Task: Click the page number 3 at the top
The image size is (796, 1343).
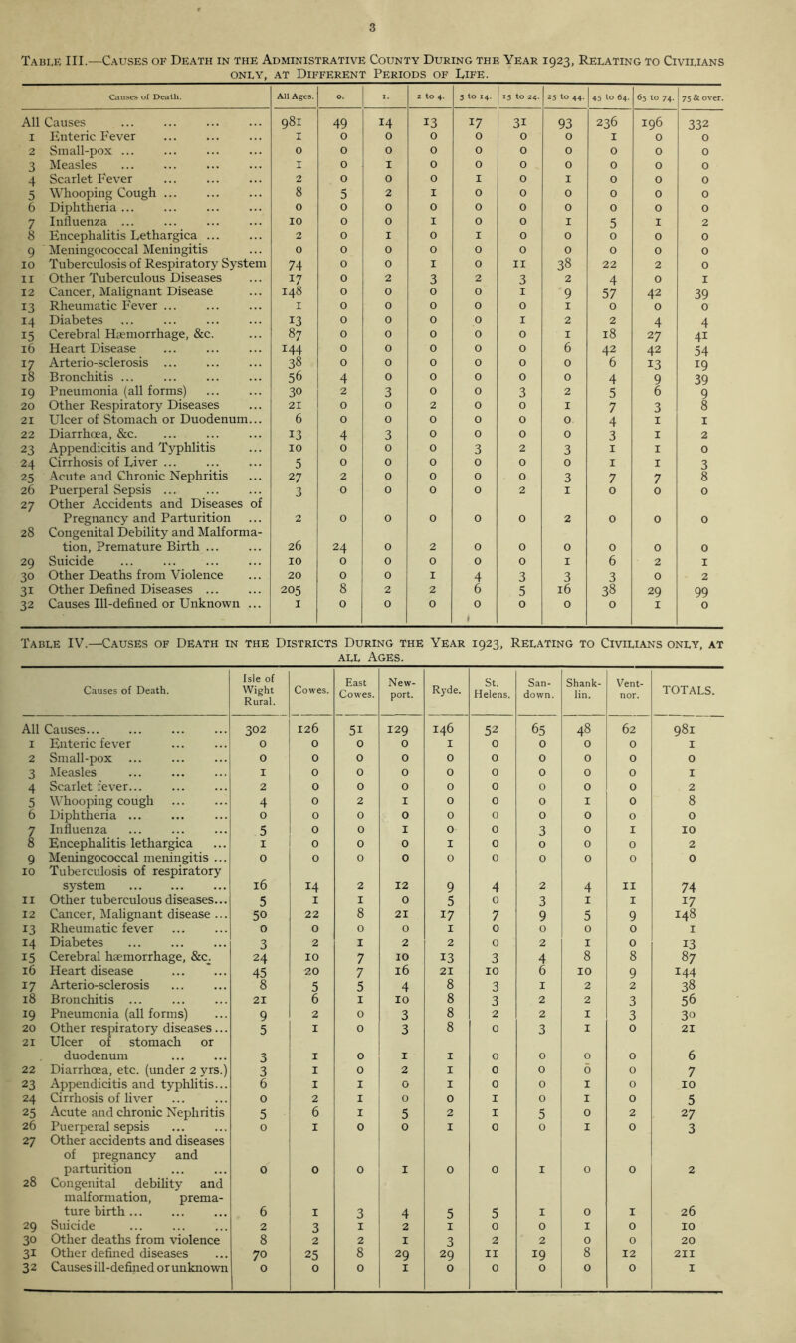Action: pyautogui.click(x=397, y=15)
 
